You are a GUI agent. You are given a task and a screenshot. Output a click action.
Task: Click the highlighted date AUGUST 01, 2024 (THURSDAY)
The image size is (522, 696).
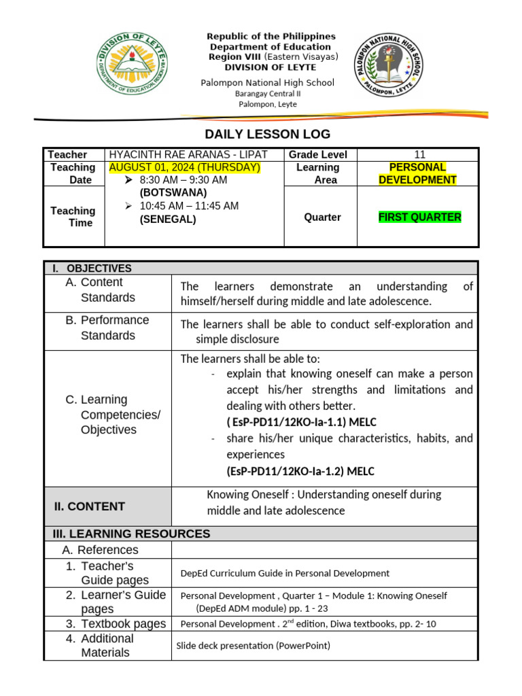[184, 167]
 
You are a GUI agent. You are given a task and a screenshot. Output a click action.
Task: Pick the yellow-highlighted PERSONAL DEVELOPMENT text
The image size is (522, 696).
[417, 173]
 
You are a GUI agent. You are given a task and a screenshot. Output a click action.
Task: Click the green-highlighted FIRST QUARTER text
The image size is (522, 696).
[419, 217]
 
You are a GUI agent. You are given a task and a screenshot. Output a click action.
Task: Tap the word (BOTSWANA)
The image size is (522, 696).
[173, 192]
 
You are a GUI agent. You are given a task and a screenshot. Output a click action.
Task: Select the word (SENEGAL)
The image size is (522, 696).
[168, 219]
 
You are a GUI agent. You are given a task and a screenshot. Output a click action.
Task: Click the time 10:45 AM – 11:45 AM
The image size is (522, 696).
[189, 206]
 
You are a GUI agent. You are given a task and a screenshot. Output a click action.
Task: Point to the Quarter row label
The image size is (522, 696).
[322, 217]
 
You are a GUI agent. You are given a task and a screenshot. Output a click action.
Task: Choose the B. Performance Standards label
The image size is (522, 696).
[107, 328]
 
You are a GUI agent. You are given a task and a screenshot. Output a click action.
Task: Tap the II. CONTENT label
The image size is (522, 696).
[89, 506]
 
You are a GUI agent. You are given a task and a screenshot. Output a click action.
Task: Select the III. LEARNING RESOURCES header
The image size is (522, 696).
[127, 534]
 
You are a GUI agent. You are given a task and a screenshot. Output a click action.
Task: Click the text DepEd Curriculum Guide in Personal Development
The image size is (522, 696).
[285, 573]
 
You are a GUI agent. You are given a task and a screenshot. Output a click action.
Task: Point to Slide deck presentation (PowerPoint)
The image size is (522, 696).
[253, 646]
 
